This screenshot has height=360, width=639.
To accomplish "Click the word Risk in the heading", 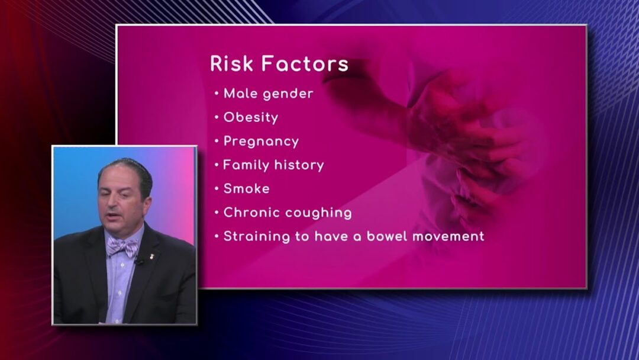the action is point(231,63).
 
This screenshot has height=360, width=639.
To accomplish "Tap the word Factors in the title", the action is point(305,63).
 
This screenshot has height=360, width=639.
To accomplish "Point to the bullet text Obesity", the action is point(251,118).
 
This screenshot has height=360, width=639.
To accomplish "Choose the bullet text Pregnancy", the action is point(262,142).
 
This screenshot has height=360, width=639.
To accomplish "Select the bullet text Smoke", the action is point(247,189).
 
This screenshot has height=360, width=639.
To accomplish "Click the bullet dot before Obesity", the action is point(217,118).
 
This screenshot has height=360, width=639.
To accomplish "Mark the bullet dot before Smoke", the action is point(217,189).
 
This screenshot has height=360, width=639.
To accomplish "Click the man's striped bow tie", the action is point(122,247).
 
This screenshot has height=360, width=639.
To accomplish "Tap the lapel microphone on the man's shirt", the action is point(139,261).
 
